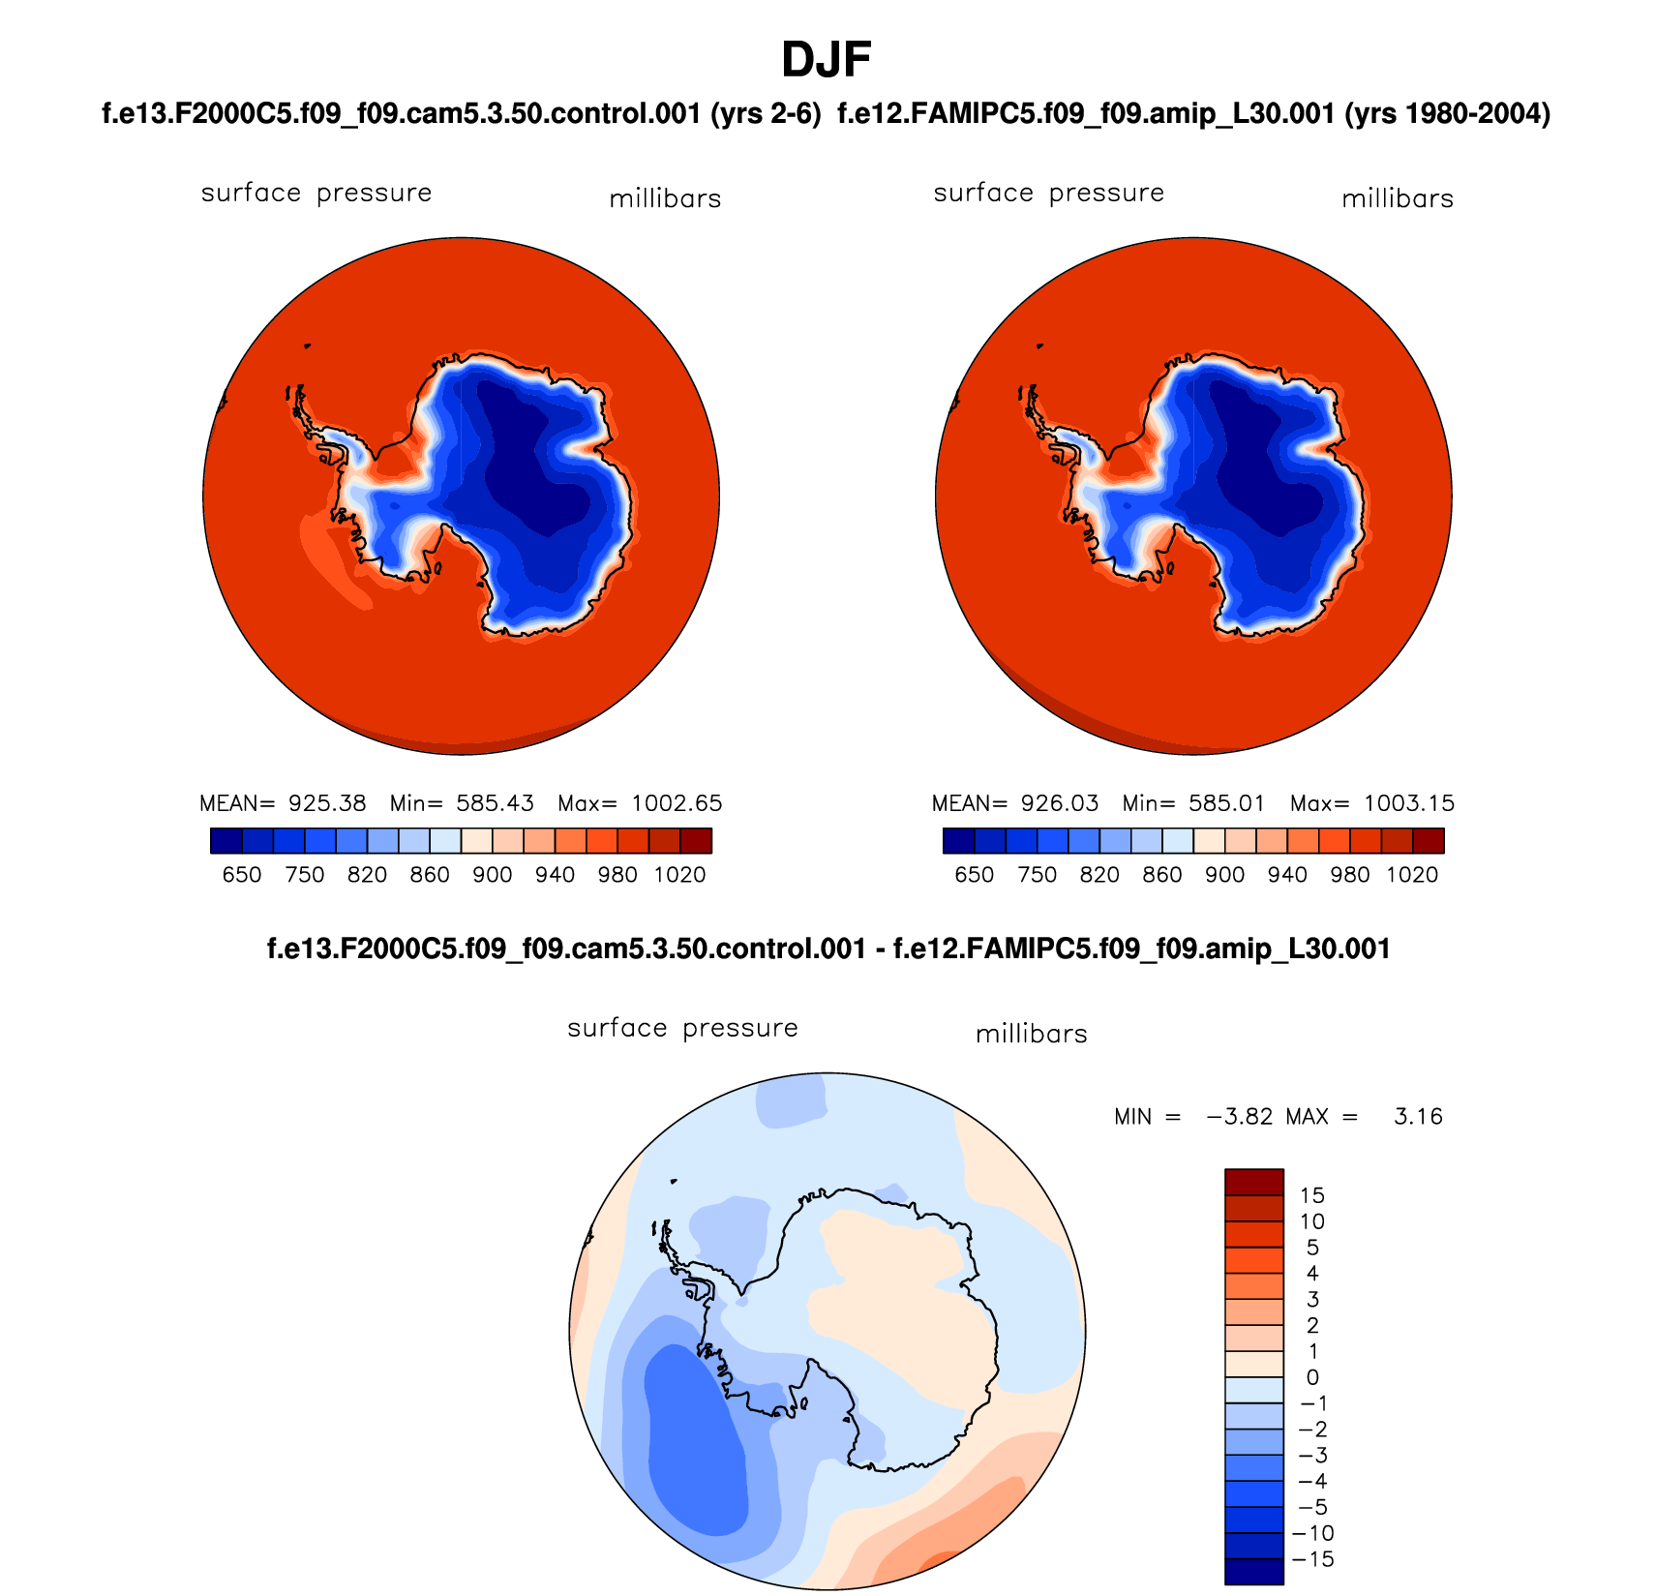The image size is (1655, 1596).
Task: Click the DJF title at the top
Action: (826, 60)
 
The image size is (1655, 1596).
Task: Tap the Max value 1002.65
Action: (677, 803)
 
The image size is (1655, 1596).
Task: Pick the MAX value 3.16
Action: (1418, 1117)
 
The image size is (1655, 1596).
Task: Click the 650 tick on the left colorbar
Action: (242, 875)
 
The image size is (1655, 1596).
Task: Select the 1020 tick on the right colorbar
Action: (1412, 875)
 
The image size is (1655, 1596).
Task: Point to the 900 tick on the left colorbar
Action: (493, 875)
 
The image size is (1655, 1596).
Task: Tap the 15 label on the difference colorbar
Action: (1312, 1195)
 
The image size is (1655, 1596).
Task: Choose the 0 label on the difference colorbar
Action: (1312, 1377)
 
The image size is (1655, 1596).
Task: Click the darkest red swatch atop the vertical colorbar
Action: (1253, 1182)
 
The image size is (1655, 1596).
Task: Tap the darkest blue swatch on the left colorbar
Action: (226, 840)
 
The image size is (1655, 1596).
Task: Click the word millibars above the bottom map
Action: (1031, 1035)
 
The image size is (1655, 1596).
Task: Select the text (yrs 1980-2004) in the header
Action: (1448, 114)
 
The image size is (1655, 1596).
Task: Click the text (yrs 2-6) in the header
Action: (766, 114)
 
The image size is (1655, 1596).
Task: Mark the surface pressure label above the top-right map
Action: (1048, 194)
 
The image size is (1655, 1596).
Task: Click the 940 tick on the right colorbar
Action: (1287, 875)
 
